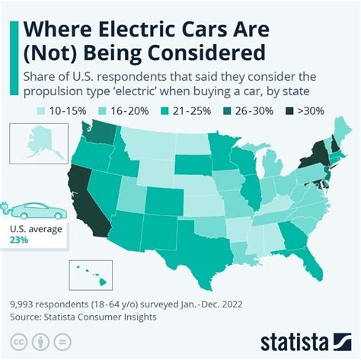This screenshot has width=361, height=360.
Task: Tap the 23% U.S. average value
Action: tap(18, 239)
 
